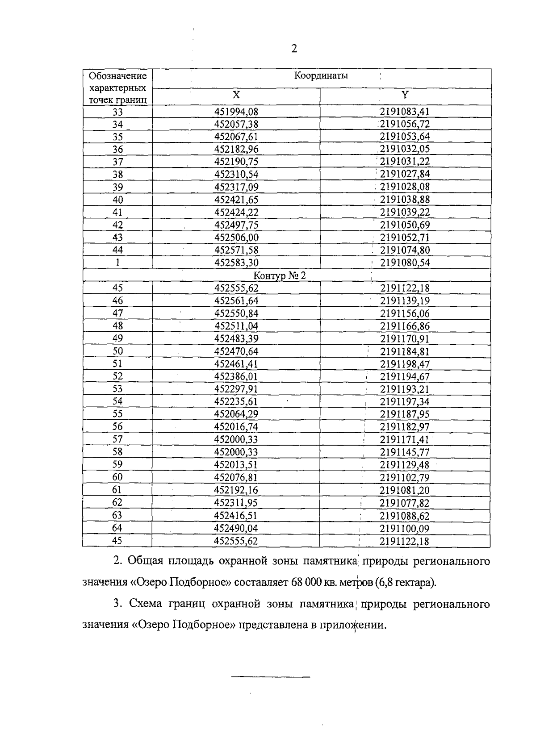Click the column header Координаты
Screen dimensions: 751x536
[321, 76]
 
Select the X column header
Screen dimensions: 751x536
[236, 95]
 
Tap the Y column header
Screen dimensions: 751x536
[405, 95]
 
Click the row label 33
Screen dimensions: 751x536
[117, 112]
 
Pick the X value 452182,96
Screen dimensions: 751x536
[236, 150]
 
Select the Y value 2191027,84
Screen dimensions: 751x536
[405, 175]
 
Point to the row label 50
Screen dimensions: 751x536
[117, 351]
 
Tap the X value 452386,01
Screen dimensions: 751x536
[236, 377]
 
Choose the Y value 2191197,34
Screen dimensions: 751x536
[405, 402]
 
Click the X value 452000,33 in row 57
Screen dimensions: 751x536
[236, 440]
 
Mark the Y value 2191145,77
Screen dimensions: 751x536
[405, 452]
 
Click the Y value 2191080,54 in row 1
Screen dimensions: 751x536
[405, 263]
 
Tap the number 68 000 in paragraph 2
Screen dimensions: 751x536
[307, 583]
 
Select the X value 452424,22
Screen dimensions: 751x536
[236, 213]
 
